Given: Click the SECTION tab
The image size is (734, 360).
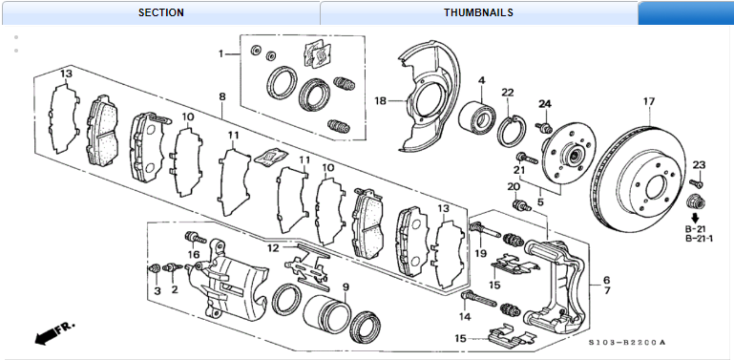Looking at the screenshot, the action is pyautogui.click(x=160, y=12).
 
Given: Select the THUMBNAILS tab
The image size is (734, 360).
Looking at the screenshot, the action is pyautogui.click(x=478, y=12).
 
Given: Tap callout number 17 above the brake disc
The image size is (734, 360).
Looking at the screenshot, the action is pyautogui.click(x=649, y=101).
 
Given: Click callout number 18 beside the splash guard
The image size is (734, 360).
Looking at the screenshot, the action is pyautogui.click(x=381, y=100).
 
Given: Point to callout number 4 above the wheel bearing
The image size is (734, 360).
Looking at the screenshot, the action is pyautogui.click(x=482, y=80).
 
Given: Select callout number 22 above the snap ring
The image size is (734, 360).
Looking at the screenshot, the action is pyautogui.click(x=508, y=93).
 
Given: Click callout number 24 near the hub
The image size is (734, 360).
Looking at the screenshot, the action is pyautogui.click(x=545, y=104).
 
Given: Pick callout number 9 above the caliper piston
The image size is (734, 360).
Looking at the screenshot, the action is pyautogui.click(x=346, y=286).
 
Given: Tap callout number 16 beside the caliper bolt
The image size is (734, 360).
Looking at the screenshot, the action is pyautogui.click(x=194, y=254).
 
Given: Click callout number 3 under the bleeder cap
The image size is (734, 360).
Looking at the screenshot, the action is pyautogui.click(x=157, y=291).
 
